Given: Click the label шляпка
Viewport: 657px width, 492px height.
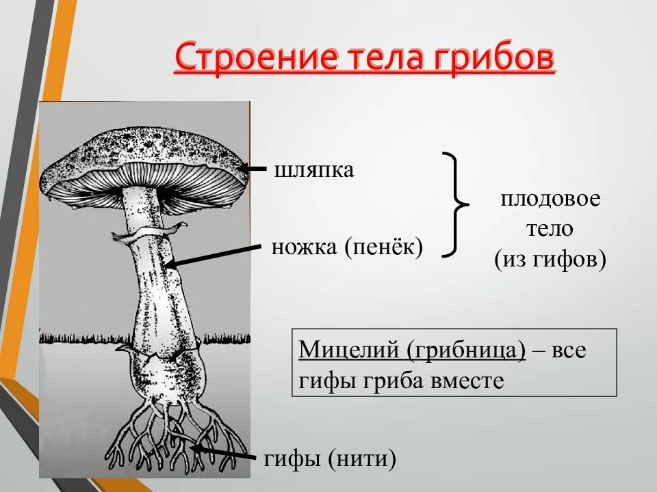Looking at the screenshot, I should coord(314,170).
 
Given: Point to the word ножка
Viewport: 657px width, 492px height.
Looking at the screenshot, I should coord(305,247).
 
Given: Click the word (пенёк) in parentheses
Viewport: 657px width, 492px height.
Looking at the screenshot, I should coord(384,247).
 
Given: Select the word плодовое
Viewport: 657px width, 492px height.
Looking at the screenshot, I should coord(550,200).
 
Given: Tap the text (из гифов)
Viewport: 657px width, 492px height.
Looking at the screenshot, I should coord(550,260).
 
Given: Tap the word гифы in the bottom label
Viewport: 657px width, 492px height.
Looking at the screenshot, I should coord(293,459).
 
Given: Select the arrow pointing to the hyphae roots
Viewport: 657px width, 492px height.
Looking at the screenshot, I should coord(226,454).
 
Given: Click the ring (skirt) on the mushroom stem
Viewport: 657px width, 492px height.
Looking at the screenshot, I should coord(150,232).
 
